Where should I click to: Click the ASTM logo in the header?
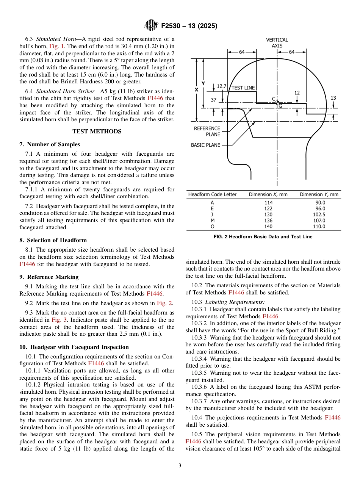[x=151, y=26]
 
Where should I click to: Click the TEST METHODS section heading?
[x=97, y=131]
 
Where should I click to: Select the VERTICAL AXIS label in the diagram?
[x=277, y=42]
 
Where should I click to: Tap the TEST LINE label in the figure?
[x=243, y=88]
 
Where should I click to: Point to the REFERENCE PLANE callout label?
[x=207, y=131]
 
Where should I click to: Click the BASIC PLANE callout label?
[x=205, y=145]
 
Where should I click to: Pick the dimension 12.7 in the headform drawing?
[x=221, y=86]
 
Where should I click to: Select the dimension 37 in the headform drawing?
[x=214, y=100]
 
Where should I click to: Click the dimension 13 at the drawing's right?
[x=333, y=98]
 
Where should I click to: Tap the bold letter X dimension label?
[x=196, y=90]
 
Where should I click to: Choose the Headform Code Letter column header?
[x=212, y=194]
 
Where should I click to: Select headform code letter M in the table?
[x=212, y=220]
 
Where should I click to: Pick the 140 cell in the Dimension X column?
[x=268, y=226]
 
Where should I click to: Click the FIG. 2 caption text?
[x=263, y=237]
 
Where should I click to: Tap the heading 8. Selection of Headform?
[x=53, y=240]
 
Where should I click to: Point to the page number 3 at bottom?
[x=180, y=466]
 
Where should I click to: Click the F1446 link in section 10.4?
[x=332, y=417]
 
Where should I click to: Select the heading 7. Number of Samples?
[x=50, y=144]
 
